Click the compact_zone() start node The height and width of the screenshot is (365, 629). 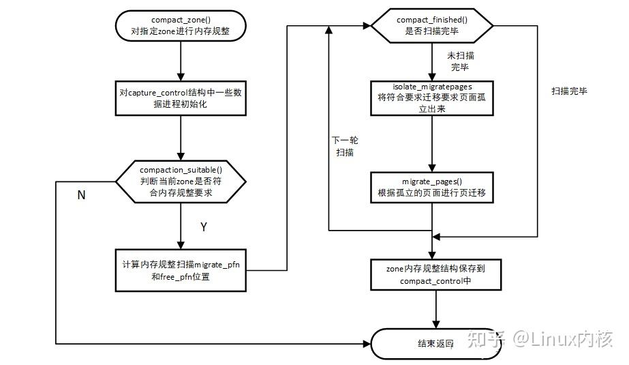181,26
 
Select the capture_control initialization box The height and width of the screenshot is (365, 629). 181,99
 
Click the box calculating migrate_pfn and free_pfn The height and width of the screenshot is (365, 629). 181,270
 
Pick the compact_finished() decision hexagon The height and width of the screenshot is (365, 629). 432,26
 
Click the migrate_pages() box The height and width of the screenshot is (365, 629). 432,187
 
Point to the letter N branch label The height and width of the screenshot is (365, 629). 81,195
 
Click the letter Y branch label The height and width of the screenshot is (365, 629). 202,227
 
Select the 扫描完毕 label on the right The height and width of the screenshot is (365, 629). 569,91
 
